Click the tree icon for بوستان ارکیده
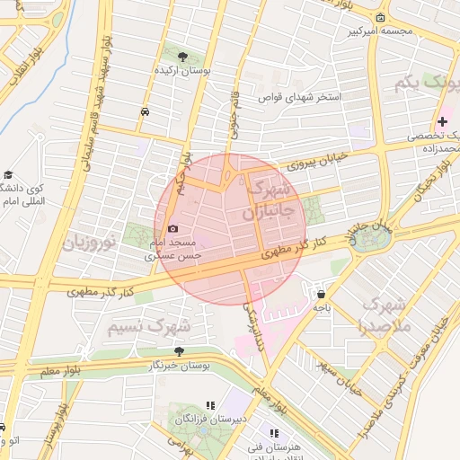pyautogui.click(x=182, y=56)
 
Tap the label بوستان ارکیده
pyautogui.click(x=182, y=69)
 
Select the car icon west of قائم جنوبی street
pyautogui.click(x=146, y=112)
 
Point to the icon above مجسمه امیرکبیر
pyautogui.click(x=381, y=18)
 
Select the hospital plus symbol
pyautogui.click(x=442, y=121)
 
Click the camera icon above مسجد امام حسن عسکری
pyautogui.click(x=173, y=229)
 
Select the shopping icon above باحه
pyautogui.click(x=322, y=294)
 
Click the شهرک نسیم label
pyautogui.click(x=150, y=325)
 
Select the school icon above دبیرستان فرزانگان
pyautogui.click(x=211, y=406)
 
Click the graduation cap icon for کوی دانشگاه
pyautogui.click(x=8, y=175)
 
